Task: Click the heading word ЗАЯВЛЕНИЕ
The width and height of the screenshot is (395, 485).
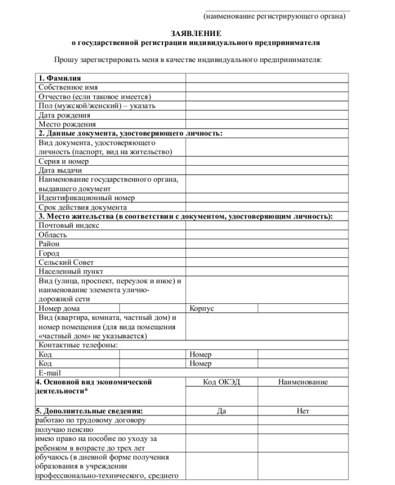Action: [x=196, y=33]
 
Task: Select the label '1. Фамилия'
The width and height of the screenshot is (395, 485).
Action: [x=59, y=78]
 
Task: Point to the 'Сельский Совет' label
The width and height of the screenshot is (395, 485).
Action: [x=66, y=262]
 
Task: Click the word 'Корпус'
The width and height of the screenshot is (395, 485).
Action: [x=202, y=308]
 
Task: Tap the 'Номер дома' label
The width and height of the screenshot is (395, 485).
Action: [x=59, y=308]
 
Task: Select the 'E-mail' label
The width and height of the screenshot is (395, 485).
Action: [x=50, y=373]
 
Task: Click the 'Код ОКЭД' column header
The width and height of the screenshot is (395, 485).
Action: [x=221, y=382]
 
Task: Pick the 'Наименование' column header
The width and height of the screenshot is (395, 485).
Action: [x=302, y=382]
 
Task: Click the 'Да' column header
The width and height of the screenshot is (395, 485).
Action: [x=221, y=411]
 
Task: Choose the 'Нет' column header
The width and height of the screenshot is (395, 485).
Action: [x=302, y=411]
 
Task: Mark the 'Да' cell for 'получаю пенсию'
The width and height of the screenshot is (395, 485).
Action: [x=221, y=429]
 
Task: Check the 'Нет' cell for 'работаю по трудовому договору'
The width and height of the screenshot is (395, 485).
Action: [x=302, y=420]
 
